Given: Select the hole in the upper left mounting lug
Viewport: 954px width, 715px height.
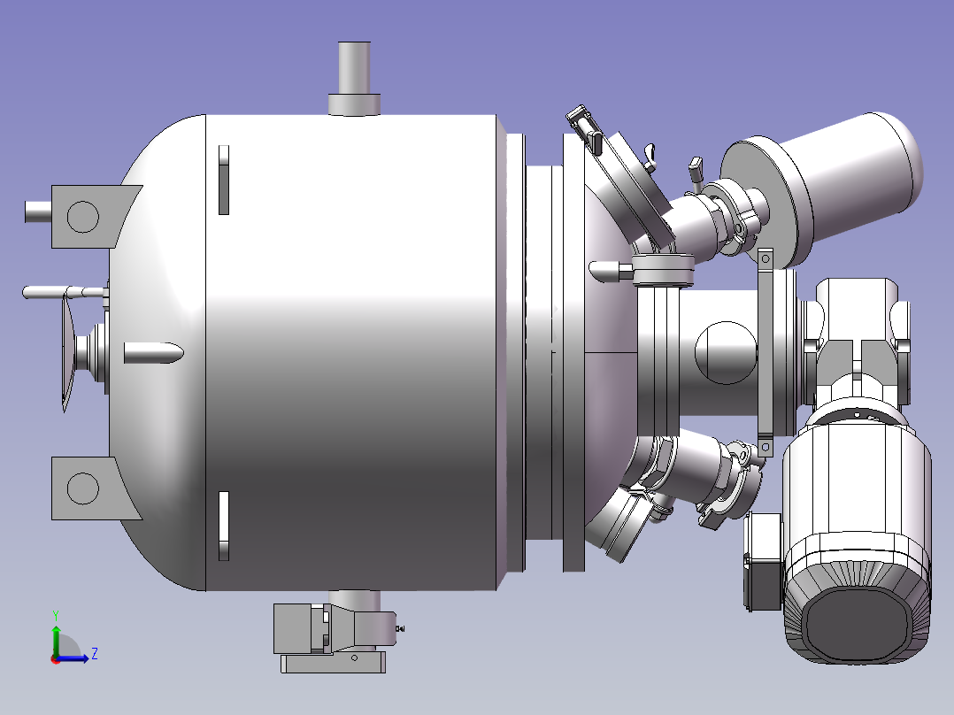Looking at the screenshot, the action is pos(83,217).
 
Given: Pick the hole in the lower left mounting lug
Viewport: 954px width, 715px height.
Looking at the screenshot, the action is pos(83,488).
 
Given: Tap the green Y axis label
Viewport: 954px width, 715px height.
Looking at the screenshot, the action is pos(56,616).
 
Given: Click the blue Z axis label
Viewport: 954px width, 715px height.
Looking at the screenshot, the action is pos(95,654).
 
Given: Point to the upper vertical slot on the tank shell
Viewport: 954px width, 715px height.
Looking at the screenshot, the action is pos(224,180).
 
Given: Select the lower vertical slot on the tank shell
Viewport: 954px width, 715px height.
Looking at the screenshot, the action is pos(224,526).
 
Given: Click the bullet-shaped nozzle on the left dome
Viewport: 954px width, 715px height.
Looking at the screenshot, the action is pos(153,353).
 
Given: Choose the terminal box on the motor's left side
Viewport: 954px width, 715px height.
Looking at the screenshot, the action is pos(763,561).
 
